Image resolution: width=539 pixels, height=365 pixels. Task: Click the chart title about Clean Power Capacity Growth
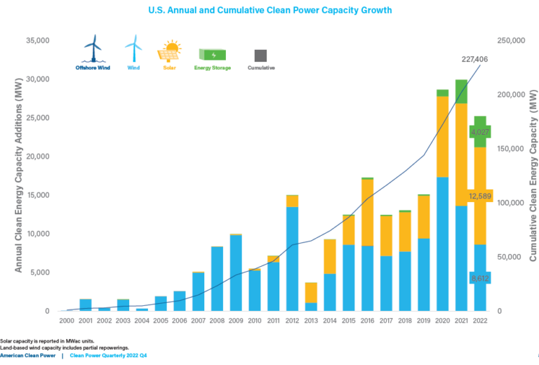[270, 11]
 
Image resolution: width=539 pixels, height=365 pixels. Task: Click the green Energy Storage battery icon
[213, 54]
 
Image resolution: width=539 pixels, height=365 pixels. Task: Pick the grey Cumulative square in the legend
[260, 55]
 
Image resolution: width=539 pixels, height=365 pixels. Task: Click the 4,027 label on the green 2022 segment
[480, 132]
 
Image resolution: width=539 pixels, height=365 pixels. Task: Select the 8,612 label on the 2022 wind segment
[480, 278]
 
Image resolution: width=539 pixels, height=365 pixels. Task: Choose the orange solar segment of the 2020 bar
[442, 136]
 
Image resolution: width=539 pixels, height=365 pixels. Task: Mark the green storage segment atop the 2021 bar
[461, 91]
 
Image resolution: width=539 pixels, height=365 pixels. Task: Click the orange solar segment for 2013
[311, 292]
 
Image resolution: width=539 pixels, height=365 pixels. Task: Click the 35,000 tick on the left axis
[35, 41]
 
